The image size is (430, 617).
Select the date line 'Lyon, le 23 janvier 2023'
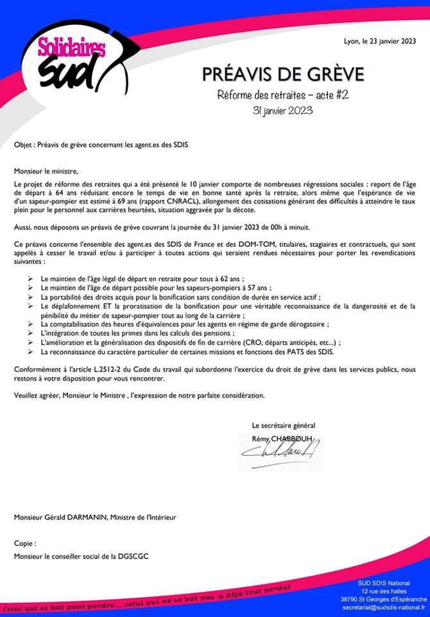point(380,42)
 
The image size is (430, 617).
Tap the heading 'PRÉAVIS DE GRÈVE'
point(283,74)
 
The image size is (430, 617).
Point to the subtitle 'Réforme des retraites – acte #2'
point(283,96)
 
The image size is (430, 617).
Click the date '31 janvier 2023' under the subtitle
point(283,110)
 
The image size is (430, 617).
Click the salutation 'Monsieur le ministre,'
point(46,171)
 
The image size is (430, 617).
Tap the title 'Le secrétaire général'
point(283,425)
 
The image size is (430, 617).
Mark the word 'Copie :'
point(26,543)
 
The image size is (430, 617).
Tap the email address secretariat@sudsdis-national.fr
point(384,607)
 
